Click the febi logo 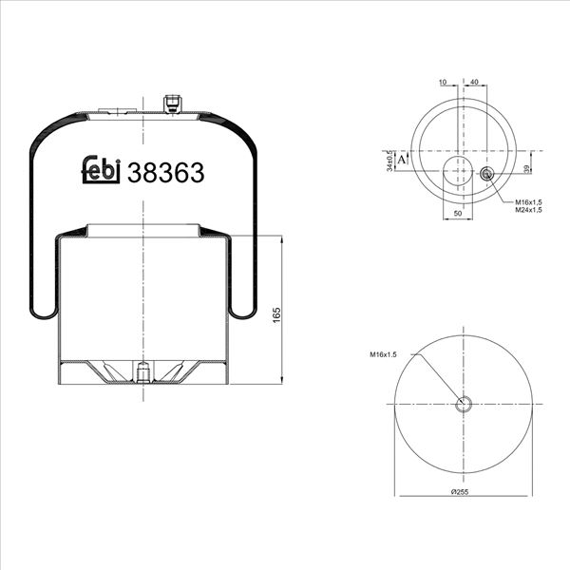click(x=101, y=169)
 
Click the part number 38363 click(x=165, y=173)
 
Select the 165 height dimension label click(x=276, y=315)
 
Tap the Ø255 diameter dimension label click(x=460, y=492)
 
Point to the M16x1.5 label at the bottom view click(x=383, y=354)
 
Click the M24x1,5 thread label click(x=528, y=210)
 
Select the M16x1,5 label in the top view click(x=528, y=202)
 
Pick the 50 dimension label click(x=458, y=214)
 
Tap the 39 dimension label click(x=526, y=169)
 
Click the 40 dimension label click(x=474, y=82)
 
